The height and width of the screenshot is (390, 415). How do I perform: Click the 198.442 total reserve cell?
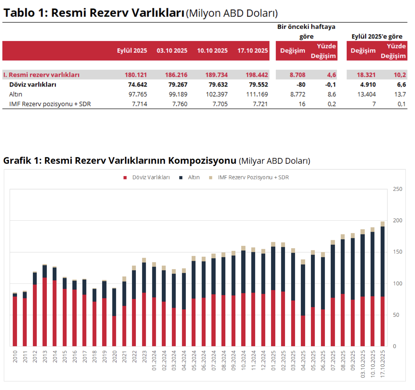[x=257, y=75]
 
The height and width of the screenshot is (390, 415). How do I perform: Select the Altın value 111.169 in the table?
[x=257, y=94]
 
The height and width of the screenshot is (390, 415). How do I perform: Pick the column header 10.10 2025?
[x=212, y=50]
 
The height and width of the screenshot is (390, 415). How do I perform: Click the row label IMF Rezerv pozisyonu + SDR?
[x=50, y=104]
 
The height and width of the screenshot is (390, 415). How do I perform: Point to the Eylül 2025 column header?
[x=132, y=50]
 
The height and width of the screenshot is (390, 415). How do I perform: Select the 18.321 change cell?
[x=366, y=75]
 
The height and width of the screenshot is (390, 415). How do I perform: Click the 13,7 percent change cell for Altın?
[x=400, y=94]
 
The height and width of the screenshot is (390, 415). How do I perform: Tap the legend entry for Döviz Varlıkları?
[x=146, y=177]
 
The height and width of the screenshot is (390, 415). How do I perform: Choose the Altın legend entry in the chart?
[x=189, y=177]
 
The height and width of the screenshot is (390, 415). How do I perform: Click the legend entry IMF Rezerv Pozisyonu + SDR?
[x=249, y=177]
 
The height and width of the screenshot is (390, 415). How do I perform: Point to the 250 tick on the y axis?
[x=397, y=189]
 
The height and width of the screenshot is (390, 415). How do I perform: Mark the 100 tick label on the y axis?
[x=397, y=283]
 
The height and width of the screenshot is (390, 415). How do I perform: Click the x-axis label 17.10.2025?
[x=382, y=364]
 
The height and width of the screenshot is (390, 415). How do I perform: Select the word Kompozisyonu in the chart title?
[x=202, y=161]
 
